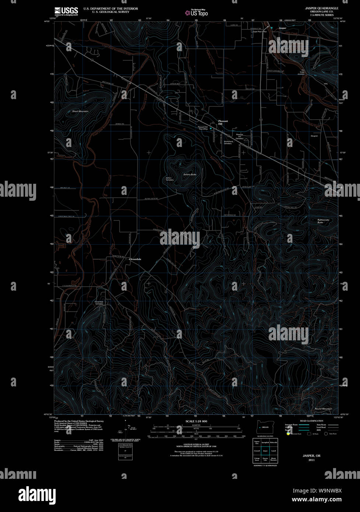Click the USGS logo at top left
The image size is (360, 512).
[66, 11]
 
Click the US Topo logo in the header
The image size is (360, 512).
[196, 13]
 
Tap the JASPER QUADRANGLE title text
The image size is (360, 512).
[321, 8]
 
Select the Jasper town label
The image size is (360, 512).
[282, 28]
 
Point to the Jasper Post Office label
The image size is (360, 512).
[259, 32]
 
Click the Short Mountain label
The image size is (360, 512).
[80, 111]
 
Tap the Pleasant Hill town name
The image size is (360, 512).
[223, 122]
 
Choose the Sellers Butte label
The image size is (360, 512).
[189, 174]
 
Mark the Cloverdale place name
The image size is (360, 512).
[135, 259]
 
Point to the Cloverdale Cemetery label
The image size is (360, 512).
[99, 303]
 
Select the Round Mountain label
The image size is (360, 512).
[323, 409]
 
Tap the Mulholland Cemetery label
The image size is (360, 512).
[228, 142]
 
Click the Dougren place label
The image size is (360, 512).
[314, 136]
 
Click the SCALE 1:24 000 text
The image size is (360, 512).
[196, 421]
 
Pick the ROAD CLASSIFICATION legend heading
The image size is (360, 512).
[311, 421]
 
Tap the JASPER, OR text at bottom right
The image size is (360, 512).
[311, 456]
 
